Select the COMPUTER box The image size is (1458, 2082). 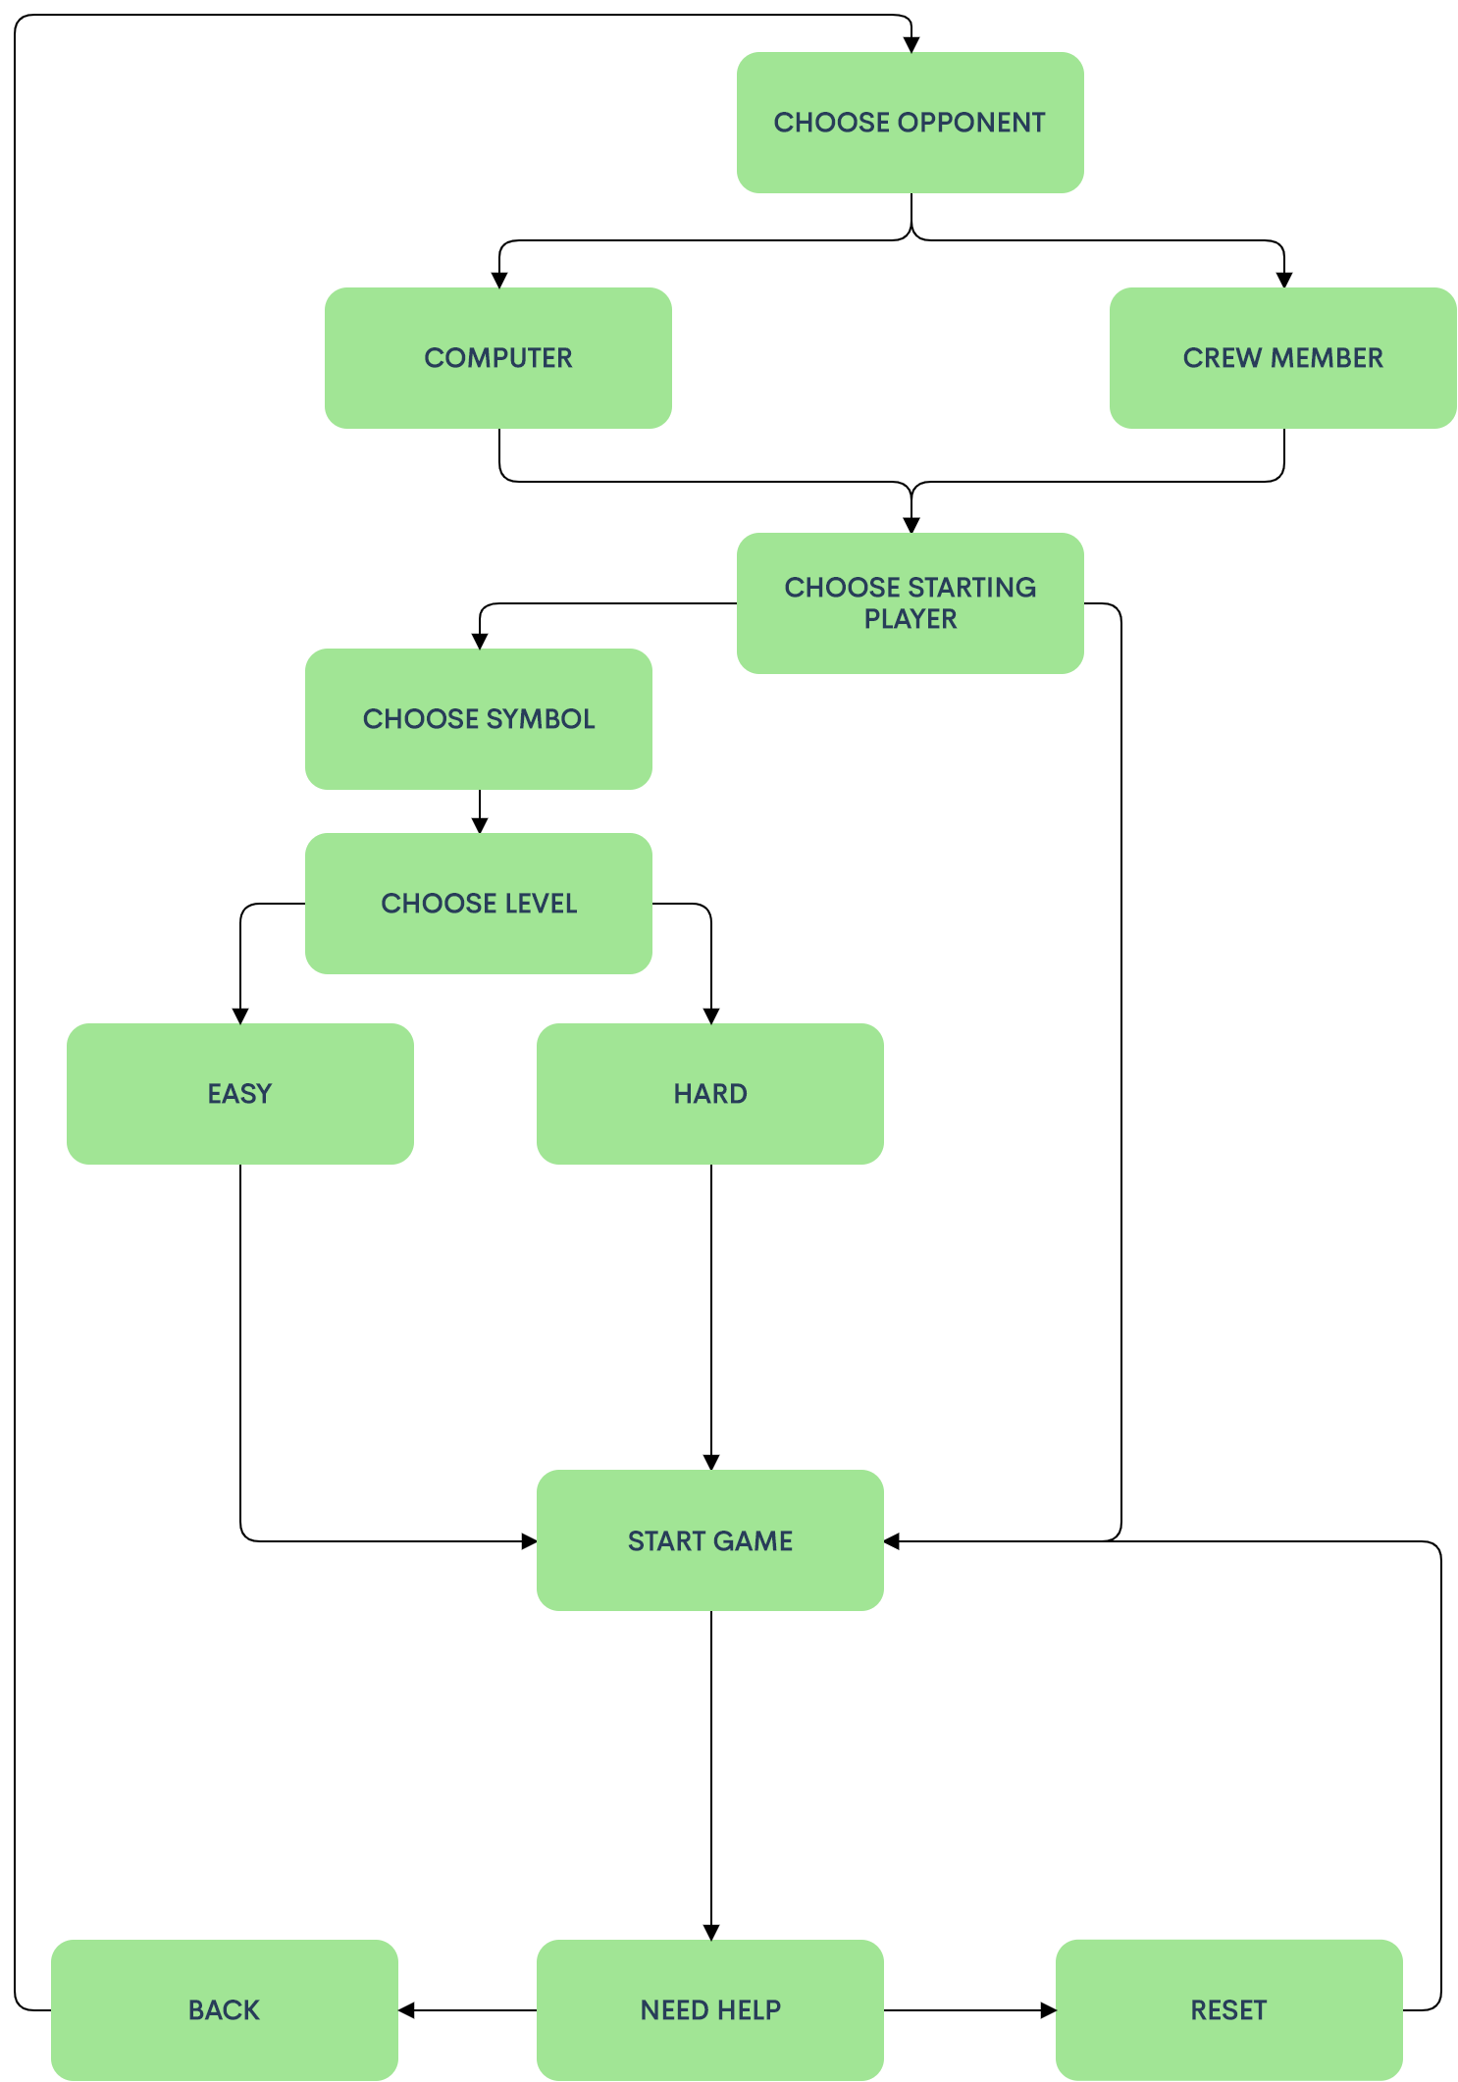(x=497, y=358)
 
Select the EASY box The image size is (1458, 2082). (x=239, y=1094)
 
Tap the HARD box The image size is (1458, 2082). (x=709, y=1094)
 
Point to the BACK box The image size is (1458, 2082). (x=224, y=2010)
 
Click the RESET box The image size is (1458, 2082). (x=1228, y=2010)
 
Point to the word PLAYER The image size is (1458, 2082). (x=910, y=619)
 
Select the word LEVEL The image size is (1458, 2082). (x=541, y=904)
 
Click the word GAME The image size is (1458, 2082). (x=753, y=1541)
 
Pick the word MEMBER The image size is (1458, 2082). (x=1327, y=358)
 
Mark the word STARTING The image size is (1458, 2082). (x=971, y=588)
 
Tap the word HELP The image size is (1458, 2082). (x=752, y=2010)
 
